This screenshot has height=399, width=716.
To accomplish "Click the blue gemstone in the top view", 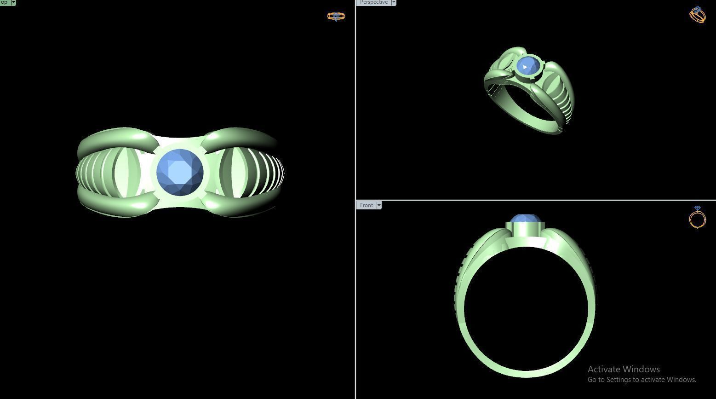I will [x=180, y=173].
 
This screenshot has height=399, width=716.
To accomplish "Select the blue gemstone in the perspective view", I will [x=525, y=66].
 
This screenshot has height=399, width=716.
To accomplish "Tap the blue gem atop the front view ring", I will [x=526, y=219].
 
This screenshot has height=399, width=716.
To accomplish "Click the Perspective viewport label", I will [x=373, y=2].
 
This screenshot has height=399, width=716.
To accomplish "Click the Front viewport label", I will [x=367, y=205].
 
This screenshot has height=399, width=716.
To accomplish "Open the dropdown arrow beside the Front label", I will [x=379, y=205].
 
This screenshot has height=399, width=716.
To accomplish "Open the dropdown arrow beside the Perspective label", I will [x=394, y=2].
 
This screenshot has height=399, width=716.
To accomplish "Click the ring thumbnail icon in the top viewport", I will [x=336, y=16].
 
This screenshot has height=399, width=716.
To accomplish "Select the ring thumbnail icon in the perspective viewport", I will [x=697, y=14].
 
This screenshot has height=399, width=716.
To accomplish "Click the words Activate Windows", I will [x=624, y=369].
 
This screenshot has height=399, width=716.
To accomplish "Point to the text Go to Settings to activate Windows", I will [x=642, y=380].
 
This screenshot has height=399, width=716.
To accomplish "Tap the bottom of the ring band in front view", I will [x=526, y=373].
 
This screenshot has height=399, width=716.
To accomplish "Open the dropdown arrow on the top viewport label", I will [x=13, y=2].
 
